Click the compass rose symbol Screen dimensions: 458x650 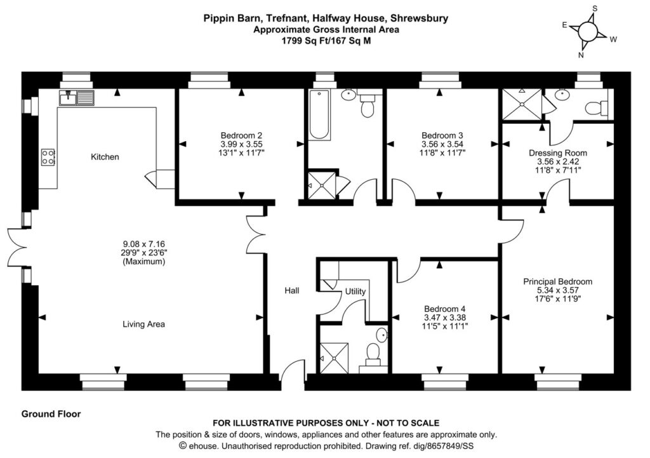588,31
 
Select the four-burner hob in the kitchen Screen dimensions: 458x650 48,157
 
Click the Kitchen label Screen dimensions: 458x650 105,157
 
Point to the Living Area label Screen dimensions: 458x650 143,324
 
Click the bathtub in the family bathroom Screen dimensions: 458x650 319,114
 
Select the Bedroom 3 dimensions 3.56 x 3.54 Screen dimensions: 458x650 442,144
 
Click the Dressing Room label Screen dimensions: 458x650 558,153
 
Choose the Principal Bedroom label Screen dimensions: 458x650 557,281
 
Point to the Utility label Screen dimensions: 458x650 355,292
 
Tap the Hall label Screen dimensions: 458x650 292,290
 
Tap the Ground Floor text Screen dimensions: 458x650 51,414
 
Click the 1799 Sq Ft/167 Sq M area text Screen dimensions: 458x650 326,39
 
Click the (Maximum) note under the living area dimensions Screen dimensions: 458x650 143,261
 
